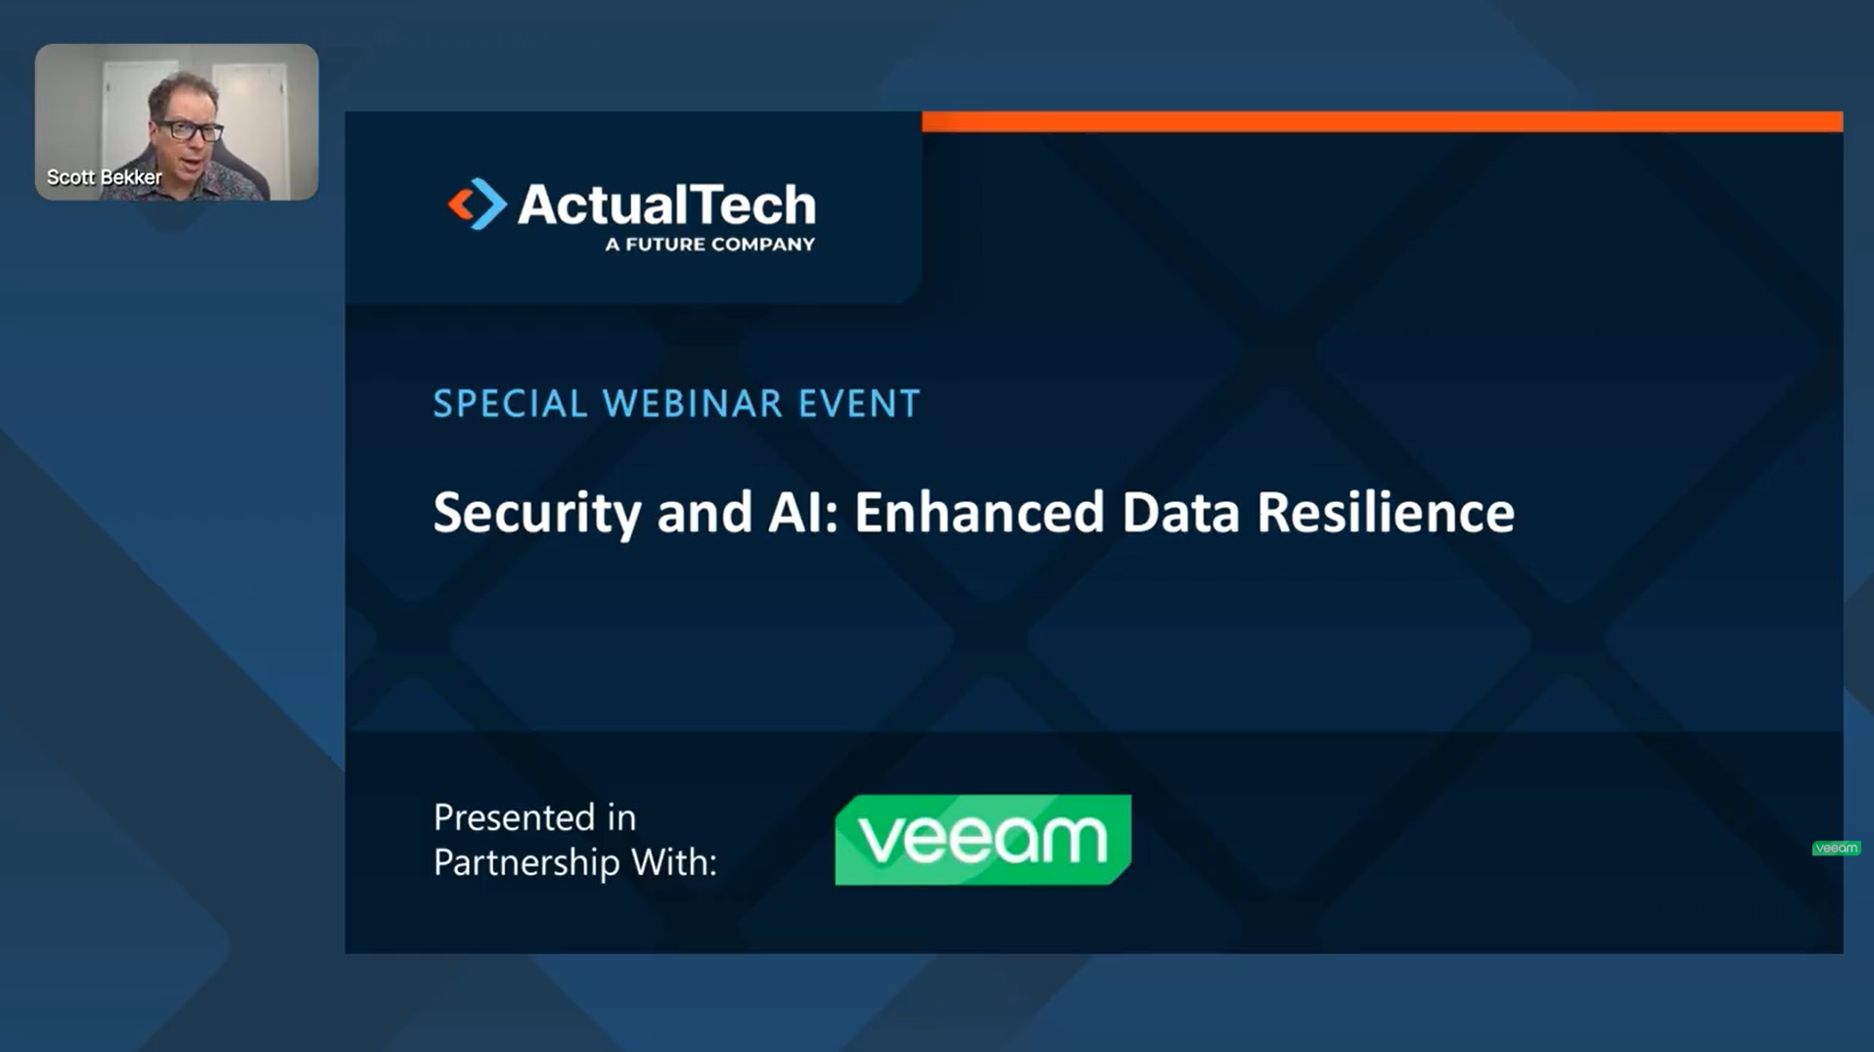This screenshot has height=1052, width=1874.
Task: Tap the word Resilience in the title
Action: coord(1386,512)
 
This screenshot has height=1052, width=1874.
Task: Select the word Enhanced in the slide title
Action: coord(980,512)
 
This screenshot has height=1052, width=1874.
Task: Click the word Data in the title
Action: coord(1181,512)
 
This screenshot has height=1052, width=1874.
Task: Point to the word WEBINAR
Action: coord(693,403)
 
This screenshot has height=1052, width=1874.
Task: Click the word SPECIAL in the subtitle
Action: coord(511,403)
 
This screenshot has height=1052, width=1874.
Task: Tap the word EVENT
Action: coord(859,403)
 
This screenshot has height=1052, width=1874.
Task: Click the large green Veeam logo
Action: coord(983,840)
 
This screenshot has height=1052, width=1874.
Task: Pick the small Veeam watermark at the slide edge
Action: coord(1836,847)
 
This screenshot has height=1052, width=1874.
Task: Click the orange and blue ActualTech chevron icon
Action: coord(478,204)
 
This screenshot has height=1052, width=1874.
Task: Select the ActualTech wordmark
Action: coord(666,205)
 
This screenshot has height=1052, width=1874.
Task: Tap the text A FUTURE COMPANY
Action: coord(709,245)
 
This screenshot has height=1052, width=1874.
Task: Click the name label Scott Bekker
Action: coord(105,177)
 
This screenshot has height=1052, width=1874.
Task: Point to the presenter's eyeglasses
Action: coord(191,129)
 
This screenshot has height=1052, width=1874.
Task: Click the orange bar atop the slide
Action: coord(1382,121)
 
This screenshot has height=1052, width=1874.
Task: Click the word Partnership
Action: coord(526,863)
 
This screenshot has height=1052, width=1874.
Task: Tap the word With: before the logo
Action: coord(674,862)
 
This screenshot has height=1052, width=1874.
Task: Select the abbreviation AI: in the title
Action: coord(803,512)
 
